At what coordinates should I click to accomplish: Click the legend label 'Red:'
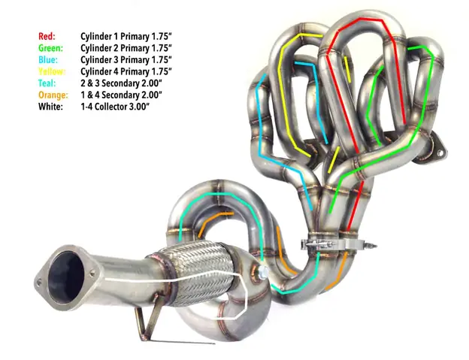click(47, 35)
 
